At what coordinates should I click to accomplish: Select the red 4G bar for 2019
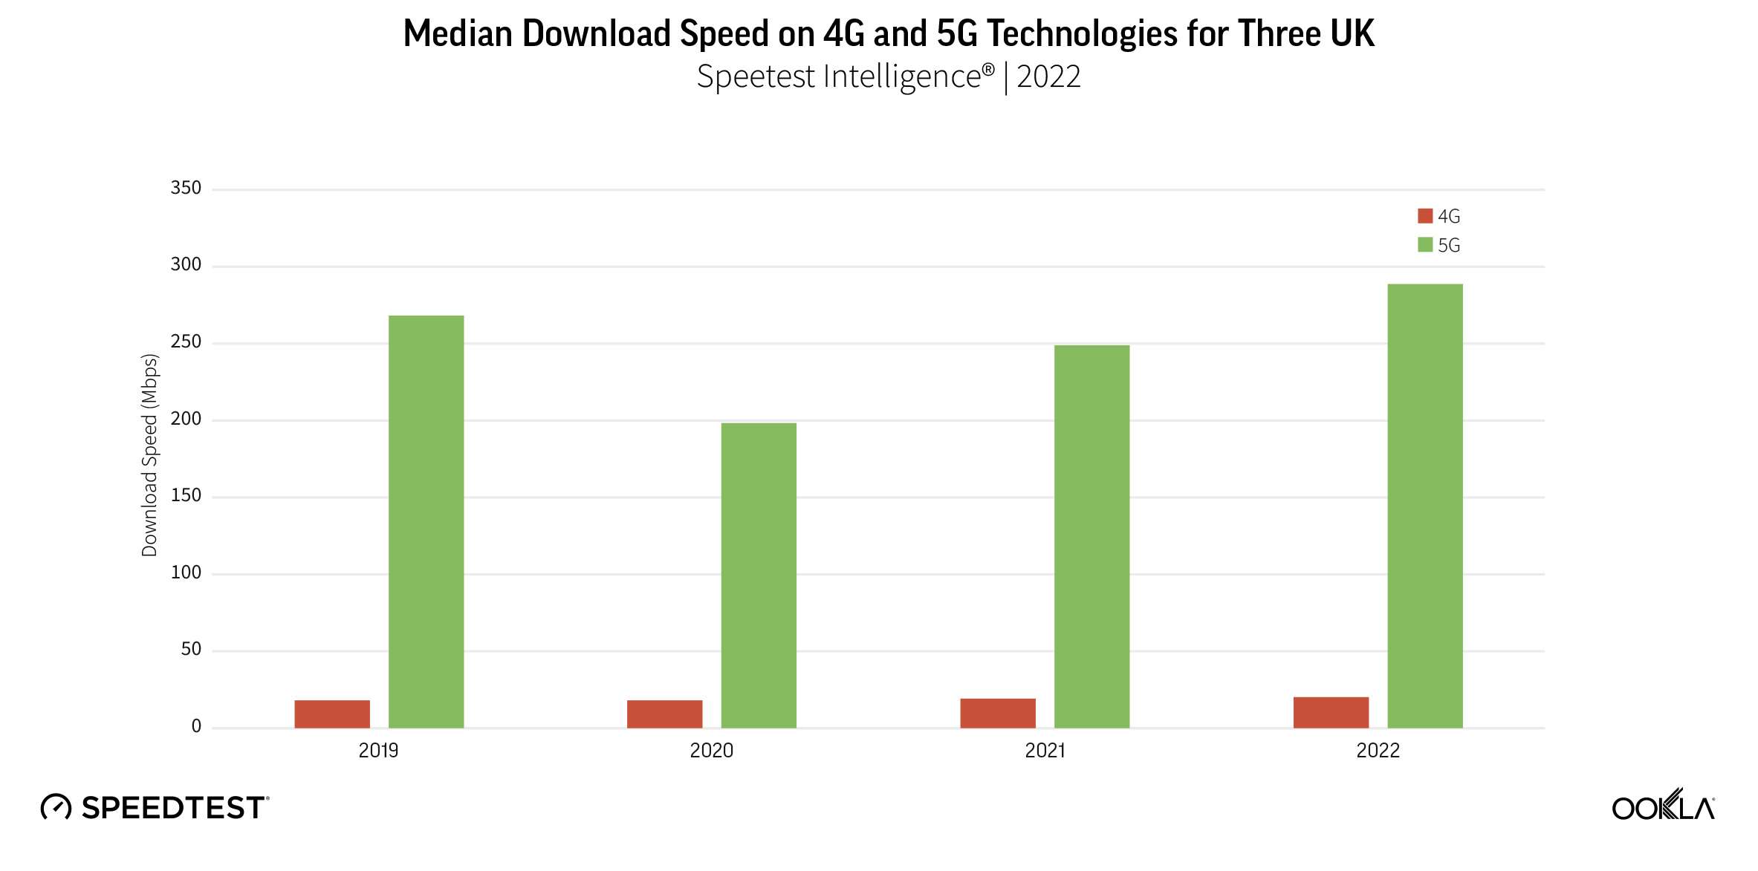coord(332,714)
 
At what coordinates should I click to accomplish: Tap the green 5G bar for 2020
coord(759,575)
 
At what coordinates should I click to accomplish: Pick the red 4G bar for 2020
coord(664,714)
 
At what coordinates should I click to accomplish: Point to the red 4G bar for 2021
coord(997,713)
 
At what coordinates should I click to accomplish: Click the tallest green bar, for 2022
coord(1424,506)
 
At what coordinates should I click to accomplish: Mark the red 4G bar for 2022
coord(1331,712)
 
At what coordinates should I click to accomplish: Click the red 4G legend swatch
coord(1424,216)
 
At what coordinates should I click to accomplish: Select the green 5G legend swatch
coord(1424,245)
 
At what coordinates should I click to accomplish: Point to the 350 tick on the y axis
coord(186,188)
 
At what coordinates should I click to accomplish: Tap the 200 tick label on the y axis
coord(186,419)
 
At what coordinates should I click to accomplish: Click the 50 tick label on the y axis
coord(191,650)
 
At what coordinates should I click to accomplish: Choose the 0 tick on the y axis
coord(196,726)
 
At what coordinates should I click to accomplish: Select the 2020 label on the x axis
coord(711,751)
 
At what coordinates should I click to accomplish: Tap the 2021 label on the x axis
coord(1045,751)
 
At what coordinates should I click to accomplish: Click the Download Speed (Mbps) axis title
coord(150,455)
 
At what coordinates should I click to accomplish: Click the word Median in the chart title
coord(458,33)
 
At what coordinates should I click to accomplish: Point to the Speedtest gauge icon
coord(56,807)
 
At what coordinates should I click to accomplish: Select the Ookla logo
coord(1663,806)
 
